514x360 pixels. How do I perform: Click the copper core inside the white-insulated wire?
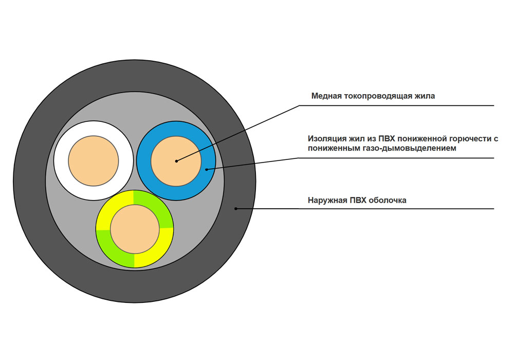94,160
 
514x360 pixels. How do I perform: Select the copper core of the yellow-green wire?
135,229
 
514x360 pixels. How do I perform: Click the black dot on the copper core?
176,161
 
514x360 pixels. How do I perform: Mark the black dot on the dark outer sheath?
236,208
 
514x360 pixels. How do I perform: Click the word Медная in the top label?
324,96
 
